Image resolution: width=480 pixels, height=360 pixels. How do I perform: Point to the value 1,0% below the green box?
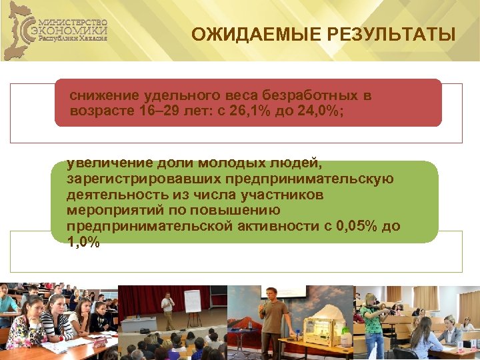pyautogui.click(x=83, y=242)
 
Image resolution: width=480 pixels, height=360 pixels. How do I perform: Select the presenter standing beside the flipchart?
pyautogui.click(x=169, y=309)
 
